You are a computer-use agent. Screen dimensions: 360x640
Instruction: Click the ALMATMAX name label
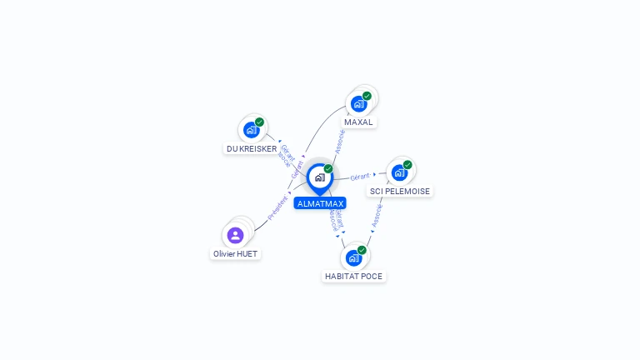tap(319, 202)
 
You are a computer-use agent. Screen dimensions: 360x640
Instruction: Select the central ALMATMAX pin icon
tap(319, 177)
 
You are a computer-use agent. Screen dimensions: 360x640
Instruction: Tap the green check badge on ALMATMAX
tap(328, 169)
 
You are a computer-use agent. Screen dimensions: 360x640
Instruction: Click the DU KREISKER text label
tap(251, 148)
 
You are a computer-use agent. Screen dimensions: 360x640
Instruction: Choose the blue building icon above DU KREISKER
tap(251, 130)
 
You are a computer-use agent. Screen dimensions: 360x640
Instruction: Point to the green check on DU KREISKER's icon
tap(259, 122)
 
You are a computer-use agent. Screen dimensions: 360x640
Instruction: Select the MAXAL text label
tap(358, 122)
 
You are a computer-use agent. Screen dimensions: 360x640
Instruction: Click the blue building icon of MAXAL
tap(358, 103)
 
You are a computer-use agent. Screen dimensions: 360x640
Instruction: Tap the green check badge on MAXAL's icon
tap(367, 96)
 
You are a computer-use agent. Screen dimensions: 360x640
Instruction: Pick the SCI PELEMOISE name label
tap(400, 191)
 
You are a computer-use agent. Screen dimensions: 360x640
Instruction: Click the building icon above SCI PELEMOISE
tap(399, 172)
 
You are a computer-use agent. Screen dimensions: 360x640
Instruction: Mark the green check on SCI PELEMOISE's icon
tap(407, 165)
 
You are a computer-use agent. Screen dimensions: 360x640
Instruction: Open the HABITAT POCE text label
tap(354, 276)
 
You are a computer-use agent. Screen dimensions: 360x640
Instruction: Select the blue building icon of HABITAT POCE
tap(353, 257)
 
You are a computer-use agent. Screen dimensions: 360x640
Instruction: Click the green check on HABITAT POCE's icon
tap(362, 250)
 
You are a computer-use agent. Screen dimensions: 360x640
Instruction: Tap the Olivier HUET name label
tap(235, 253)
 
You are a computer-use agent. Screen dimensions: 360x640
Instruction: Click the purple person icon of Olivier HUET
tap(235, 235)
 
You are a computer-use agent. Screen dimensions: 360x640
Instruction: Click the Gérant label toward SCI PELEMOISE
tap(360, 177)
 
